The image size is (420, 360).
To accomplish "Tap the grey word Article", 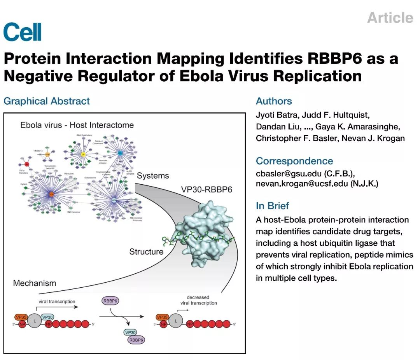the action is [390, 18].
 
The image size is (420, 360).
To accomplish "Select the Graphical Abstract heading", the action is [47, 101].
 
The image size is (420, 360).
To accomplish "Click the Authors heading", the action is [274, 101].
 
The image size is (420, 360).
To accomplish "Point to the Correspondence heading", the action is [294, 161].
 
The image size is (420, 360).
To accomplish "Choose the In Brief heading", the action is [272, 206].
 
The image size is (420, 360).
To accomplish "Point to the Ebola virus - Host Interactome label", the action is [77, 125].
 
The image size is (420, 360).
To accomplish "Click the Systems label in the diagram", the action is [153, 176].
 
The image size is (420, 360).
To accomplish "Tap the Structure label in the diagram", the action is [146, 252].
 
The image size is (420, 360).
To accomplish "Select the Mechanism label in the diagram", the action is [35, 283].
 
